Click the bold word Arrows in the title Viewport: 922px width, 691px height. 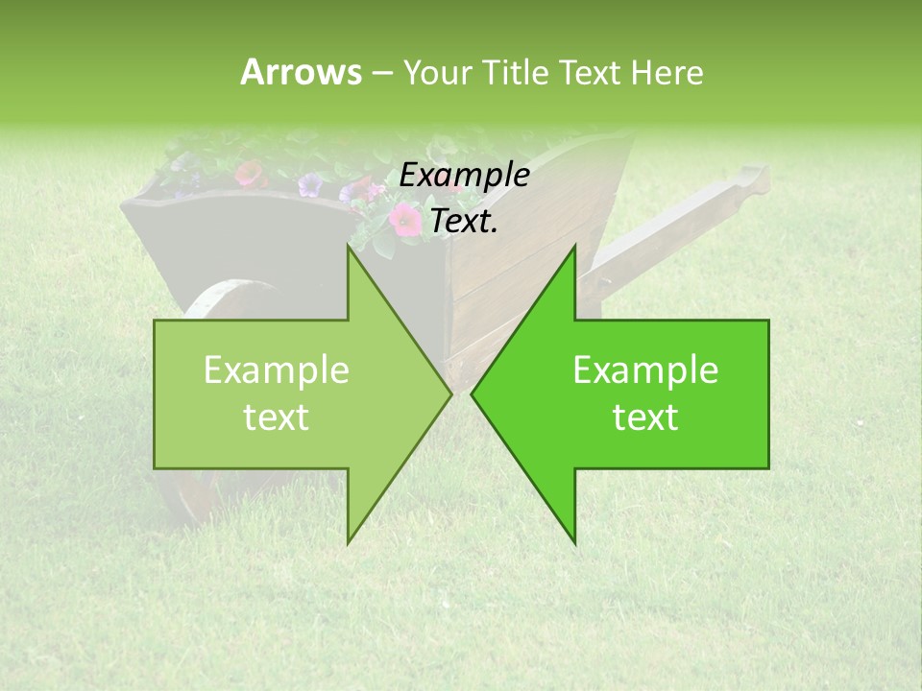click(300, 72)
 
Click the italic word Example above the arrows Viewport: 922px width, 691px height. click(464, 176)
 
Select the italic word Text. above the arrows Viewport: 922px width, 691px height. click(464, 222)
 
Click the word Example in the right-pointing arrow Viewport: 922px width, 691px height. click(276, 370)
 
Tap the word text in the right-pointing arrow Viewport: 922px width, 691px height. click(276, 417)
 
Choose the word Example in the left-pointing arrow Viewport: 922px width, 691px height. click(645, 370)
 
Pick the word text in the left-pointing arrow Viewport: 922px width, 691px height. click(645, 417)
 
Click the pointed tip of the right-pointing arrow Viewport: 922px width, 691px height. click(451, 393)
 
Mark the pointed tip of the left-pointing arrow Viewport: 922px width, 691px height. click(472, 393)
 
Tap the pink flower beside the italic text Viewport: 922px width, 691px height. click(404, 221)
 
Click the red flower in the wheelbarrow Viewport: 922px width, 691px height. click(249, 174)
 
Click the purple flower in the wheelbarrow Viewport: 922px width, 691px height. click(309, 184)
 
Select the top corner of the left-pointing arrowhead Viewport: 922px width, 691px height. click(575, 247)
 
